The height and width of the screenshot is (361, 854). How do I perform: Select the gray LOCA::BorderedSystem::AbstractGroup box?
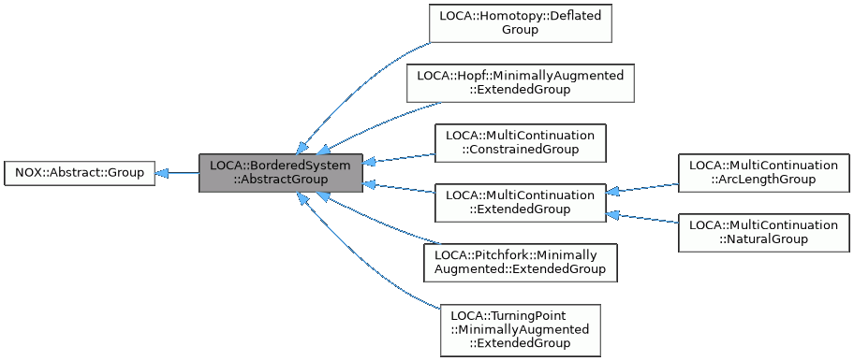(x=280, y=173)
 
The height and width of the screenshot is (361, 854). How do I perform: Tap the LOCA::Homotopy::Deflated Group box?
(x=520, y=23)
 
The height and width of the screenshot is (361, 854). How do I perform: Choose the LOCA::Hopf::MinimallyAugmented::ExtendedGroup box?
(x=520, y=82)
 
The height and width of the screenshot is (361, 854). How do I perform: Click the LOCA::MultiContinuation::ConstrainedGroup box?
(x=520, y=142)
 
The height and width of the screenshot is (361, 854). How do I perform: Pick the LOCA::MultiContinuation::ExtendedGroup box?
(x=520, y=202)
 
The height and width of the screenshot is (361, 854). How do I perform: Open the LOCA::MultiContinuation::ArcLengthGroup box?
(x=765, y=172)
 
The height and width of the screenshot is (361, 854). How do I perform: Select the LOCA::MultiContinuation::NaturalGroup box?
(x=765, y=232)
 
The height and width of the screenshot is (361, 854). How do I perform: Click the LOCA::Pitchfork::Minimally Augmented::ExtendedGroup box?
(x=520, y=262)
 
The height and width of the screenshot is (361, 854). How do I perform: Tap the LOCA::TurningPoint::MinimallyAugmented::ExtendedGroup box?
(x=520, y=330)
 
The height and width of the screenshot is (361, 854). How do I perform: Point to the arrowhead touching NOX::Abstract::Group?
(x=162, y=173)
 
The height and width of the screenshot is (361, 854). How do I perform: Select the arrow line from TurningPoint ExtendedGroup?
(x=375, y=271)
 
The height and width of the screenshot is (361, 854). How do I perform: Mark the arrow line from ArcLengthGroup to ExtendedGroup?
(x=646, y=188)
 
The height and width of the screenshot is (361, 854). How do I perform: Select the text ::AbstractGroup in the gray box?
(x=280, y=180)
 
